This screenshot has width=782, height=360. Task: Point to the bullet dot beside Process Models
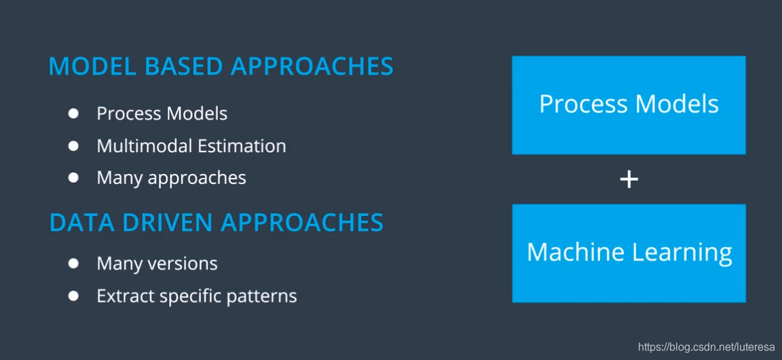74,114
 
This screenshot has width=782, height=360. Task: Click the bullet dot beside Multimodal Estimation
74,146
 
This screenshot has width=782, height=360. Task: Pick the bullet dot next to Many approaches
74,177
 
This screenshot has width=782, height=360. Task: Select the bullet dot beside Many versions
74,263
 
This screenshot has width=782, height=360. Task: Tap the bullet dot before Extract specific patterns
74,296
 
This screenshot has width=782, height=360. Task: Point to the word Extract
126,296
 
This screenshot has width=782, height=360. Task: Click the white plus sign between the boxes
629,180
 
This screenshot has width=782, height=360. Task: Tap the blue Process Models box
629,105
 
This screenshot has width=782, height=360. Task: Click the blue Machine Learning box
629,253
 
